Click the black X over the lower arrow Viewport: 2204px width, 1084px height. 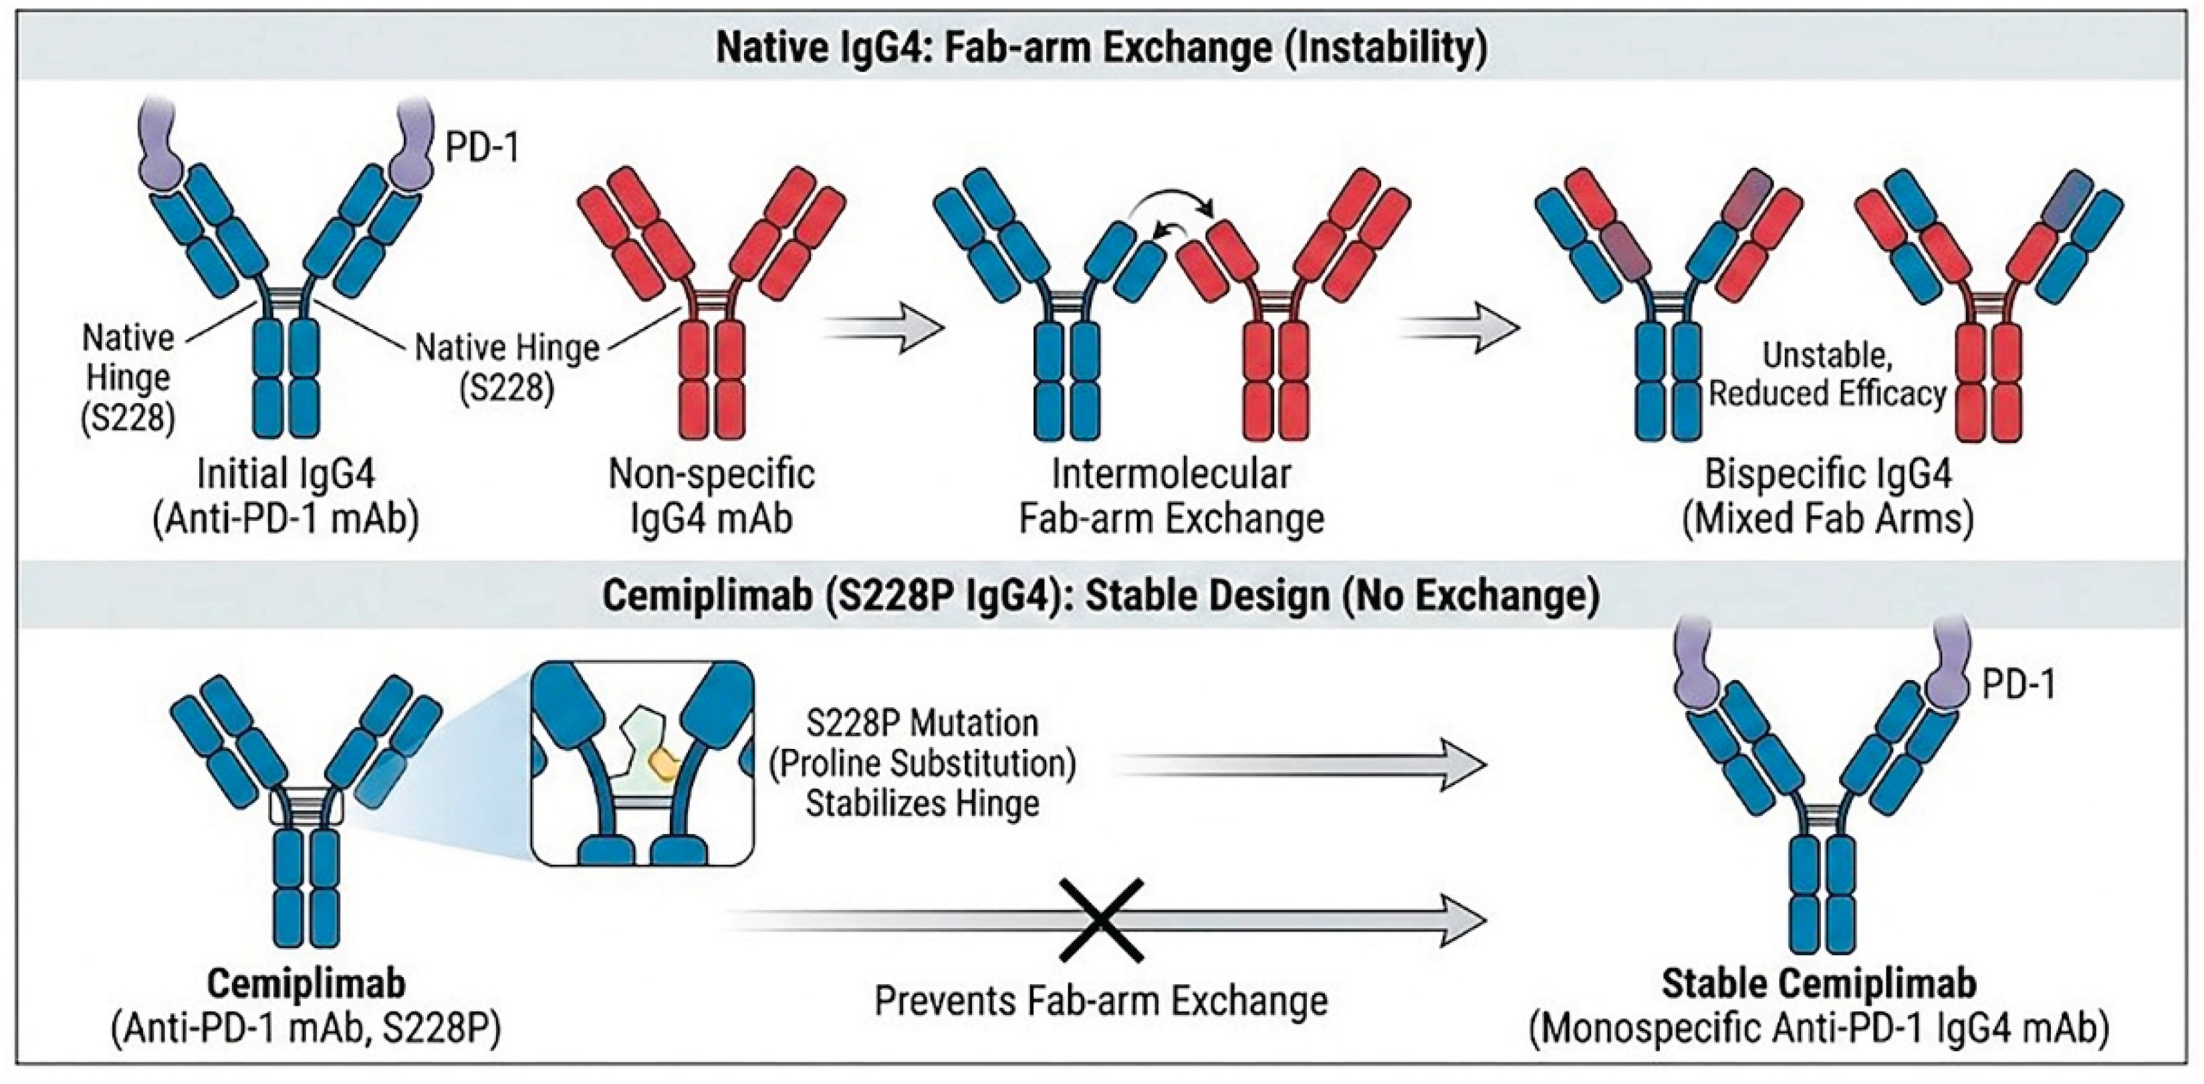[x=1101, y=919]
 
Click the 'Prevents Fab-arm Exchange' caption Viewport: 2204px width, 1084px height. [x=1101, y=1000]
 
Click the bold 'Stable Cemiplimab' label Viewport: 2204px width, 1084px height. [x=1818, y=984]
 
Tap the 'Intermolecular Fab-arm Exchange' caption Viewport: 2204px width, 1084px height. [x=1171, y=496]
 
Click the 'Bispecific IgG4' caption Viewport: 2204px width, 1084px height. [x=1828, y=473]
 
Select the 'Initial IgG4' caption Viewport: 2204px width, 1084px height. [x=285, y=473]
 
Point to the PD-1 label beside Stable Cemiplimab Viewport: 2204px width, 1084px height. [x=2018, y=685]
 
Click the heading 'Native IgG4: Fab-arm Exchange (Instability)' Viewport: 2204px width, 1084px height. [x=1101, y=48]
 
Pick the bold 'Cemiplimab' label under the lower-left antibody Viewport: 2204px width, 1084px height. [x=305, y=984]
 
